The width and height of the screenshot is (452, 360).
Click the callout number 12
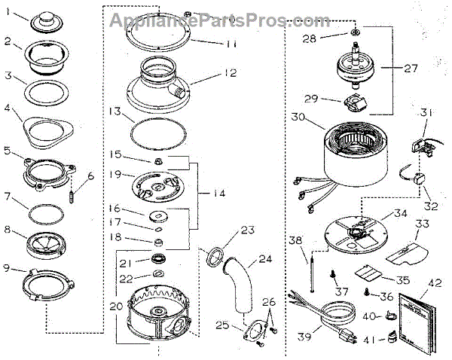(x=229, y=73)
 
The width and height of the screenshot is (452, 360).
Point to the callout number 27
(x=409, y=69)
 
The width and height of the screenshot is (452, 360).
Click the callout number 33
(x=423, y=224)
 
